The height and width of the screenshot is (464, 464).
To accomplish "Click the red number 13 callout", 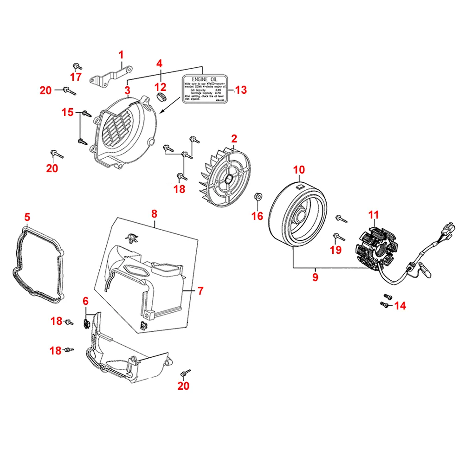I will [241, 90].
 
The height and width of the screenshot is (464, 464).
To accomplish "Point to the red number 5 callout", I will [27, 217].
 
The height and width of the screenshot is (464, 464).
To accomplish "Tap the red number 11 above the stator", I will [374, 215].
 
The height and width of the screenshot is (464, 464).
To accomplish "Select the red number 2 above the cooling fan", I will [234, 138].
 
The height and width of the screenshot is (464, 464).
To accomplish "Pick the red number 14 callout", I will [400, 305].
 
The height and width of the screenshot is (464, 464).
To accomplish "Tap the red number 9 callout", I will [315, 277].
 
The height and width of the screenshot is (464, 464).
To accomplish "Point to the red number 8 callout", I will [155, 214].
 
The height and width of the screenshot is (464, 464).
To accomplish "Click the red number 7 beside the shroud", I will [200, 291].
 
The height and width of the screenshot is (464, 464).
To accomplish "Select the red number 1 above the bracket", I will [121, 55].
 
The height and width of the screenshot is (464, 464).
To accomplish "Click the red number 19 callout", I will [335, 250].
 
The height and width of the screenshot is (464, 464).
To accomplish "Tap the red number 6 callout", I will [85, 301].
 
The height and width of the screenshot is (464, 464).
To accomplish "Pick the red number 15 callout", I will [68, 112].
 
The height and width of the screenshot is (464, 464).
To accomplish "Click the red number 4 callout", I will [159, 63].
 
